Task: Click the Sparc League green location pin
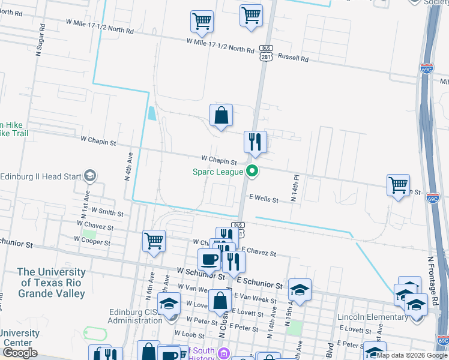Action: [253, 172]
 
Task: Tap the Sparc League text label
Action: [218, 172]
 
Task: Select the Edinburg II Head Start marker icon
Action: [91, 176]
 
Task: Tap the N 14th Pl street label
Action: [295, 188]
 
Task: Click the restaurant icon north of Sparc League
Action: [255, 142]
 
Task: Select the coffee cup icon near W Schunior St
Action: [209, 260]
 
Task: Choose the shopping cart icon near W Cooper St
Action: [154, 241]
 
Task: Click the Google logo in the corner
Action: [20, 353]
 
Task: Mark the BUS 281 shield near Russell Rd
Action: [267, 53]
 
